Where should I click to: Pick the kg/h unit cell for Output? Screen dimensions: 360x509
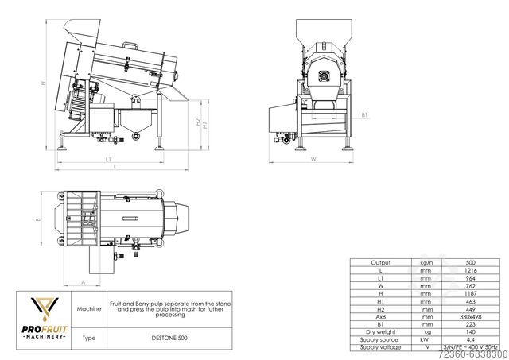coord(427,261)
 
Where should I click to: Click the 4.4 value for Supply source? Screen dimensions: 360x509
coord(470,339)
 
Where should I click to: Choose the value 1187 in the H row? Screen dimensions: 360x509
coord(470,292)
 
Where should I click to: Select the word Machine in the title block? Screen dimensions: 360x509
coord(88,308)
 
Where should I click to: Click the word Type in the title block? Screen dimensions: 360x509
coord(88,338)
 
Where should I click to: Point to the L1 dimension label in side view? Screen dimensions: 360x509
coord(108,160)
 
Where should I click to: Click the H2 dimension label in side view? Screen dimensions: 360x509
coord(196,123)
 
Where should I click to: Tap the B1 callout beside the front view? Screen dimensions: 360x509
coord(363,115)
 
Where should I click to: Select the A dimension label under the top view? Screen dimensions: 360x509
coord(84,281)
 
